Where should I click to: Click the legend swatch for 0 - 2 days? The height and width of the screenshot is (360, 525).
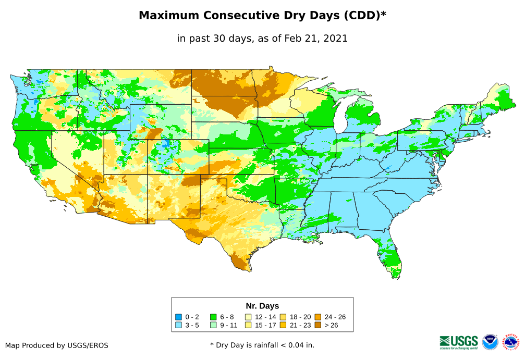point(178,317)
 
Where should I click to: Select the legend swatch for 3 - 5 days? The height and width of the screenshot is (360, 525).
point(178,325)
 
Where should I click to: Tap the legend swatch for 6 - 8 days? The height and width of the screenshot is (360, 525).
point(213,317)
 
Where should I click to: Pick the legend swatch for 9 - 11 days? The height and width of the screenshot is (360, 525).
point(213,325)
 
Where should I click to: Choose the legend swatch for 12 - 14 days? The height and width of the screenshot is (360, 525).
point(249,317)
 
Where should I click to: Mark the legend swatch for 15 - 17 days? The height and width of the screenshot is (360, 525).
point(249,325)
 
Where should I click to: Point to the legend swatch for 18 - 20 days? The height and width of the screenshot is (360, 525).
point(284,317)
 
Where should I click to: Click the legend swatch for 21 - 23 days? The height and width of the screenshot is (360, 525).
point(284,325)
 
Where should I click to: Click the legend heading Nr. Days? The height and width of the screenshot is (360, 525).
point(262,306)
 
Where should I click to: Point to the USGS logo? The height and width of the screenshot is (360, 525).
point(459,342)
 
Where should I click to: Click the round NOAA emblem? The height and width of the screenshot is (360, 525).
point(490,342)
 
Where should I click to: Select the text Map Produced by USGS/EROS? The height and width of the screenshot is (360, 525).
point(57,345)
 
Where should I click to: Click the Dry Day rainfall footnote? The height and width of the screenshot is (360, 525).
point(262,345)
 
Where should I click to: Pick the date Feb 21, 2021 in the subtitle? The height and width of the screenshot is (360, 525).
point(316,39)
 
